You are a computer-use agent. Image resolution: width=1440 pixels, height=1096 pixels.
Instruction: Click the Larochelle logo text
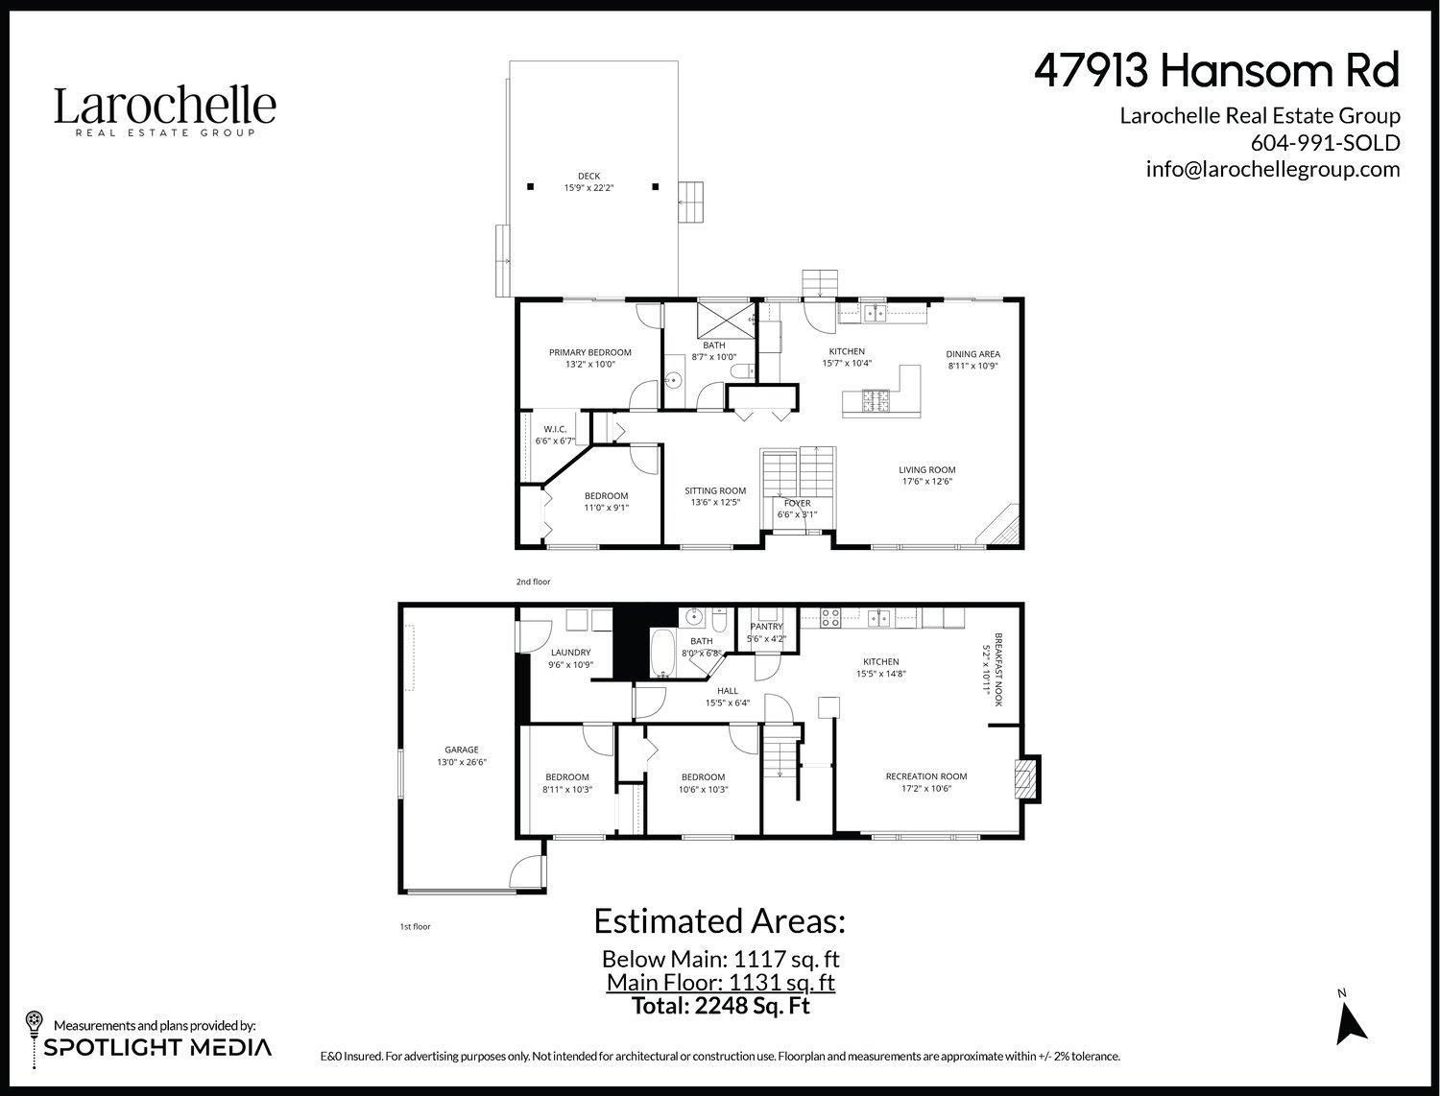(164, 106)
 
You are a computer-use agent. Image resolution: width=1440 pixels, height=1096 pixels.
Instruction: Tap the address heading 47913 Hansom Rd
(1216, 71)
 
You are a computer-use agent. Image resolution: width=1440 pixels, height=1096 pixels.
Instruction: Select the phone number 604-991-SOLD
(1325, 143)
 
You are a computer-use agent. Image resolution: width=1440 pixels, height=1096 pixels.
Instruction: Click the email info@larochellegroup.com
(1272, 170)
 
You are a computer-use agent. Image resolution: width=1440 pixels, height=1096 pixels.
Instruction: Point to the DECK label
(588, 177)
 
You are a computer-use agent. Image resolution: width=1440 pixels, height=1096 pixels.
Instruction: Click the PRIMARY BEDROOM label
(589, 353)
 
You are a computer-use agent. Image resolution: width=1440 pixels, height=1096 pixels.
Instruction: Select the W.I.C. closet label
(555, 429)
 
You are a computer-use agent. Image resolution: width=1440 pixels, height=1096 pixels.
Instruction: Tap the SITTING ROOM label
(715, 490)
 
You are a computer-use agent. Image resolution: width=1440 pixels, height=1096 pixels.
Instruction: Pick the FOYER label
(797, 503)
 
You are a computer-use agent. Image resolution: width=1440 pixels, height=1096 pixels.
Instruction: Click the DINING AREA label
(972, 353)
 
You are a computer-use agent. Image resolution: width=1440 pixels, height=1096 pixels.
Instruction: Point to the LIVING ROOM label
(926, 470)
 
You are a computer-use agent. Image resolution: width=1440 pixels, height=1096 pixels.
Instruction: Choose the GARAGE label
(461, 751)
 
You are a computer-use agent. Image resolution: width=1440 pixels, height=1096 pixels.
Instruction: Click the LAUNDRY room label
(570, 653)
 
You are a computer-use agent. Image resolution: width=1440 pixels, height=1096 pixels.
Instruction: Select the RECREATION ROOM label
(925, 776)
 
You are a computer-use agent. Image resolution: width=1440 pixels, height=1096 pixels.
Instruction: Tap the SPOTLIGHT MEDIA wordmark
(157, 1047)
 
